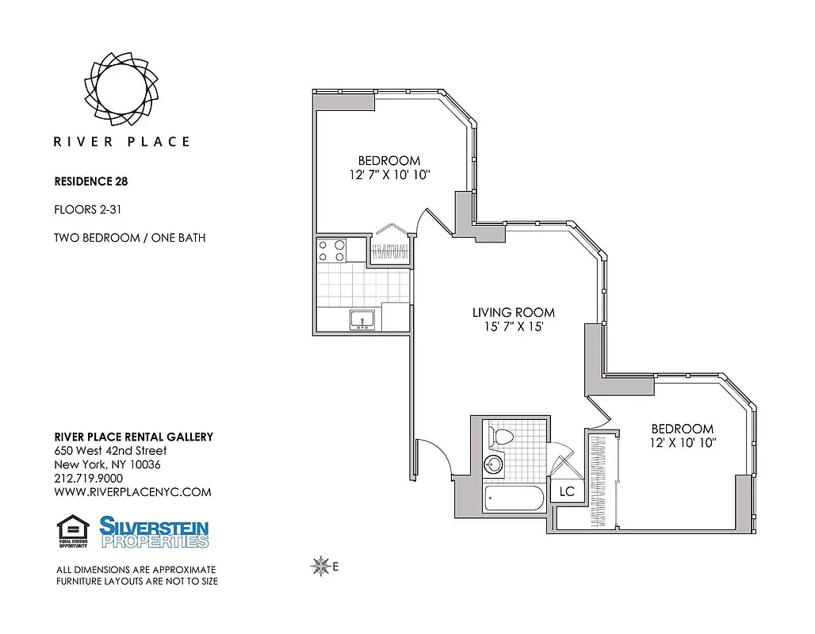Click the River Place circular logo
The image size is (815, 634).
121,88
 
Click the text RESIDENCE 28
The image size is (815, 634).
91,181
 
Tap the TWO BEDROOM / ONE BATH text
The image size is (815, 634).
129,237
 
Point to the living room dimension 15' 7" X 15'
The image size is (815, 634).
508,327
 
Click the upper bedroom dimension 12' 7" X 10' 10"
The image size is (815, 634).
388,174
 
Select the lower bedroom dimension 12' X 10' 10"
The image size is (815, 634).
673,444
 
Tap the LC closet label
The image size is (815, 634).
566,491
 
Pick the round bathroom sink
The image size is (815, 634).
495,464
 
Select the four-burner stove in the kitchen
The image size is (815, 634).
332,250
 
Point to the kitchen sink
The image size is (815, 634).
363,319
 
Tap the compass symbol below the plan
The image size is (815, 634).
321,566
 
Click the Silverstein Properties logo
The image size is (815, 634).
154,532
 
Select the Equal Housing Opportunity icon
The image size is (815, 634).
73,532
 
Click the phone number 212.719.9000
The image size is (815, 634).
88,478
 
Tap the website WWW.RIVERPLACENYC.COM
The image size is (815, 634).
132,491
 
